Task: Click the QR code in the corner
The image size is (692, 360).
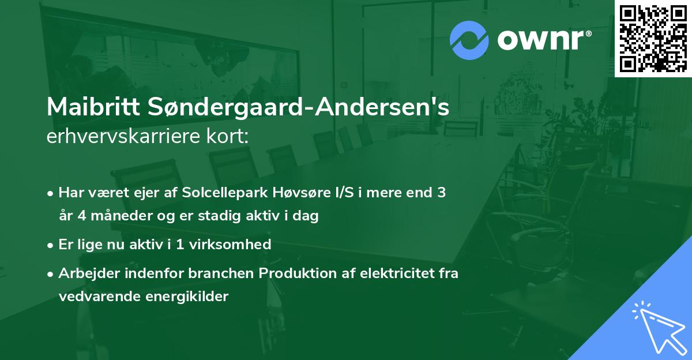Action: click(653, 38)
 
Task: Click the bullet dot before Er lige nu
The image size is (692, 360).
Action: click(51, 245)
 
